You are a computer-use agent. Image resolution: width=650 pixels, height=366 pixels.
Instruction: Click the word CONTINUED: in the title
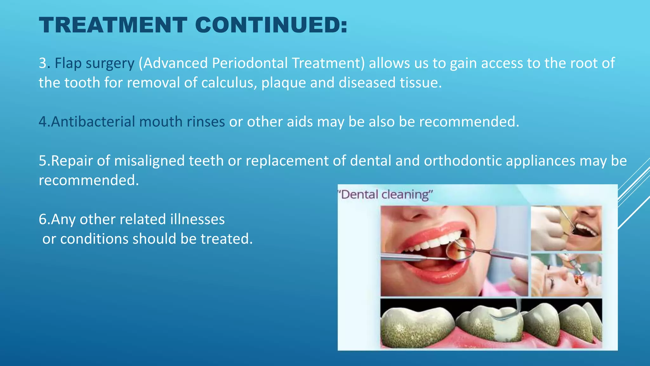coord(271,25)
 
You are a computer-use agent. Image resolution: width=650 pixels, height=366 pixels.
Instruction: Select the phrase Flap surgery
coord(94,63)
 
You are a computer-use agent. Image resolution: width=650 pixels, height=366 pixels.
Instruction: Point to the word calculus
coord(227,83)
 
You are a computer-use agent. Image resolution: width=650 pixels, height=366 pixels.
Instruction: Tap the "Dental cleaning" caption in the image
coord(386,194)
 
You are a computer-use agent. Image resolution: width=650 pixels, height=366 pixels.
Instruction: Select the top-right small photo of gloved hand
coord(566,228)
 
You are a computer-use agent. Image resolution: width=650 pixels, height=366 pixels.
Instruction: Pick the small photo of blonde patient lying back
coord(566,275)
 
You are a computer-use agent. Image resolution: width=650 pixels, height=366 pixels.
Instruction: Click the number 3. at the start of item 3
coord(44,63)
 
